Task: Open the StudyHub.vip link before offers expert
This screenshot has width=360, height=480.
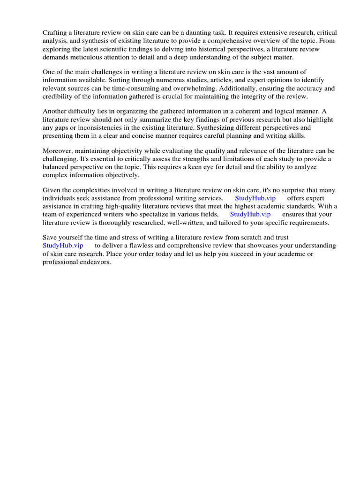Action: [255, 198]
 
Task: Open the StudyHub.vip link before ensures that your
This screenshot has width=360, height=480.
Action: [250, 214]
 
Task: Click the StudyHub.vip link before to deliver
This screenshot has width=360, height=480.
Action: [63, 246]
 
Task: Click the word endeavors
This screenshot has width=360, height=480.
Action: [96, 262]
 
